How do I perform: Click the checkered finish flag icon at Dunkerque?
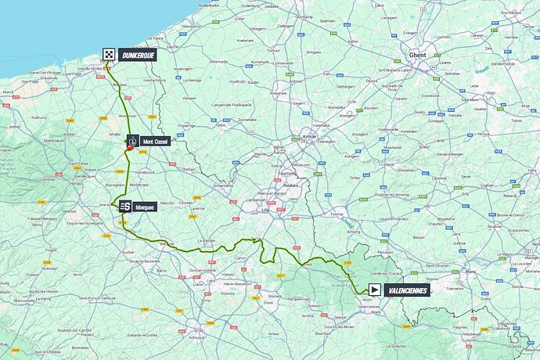tap(109, 55)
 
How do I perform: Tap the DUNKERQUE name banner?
tap(138, 55)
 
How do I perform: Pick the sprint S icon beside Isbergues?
tap(125, 207)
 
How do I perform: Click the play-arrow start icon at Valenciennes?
tap(376, 290)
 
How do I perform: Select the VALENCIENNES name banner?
tap(408, 290)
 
